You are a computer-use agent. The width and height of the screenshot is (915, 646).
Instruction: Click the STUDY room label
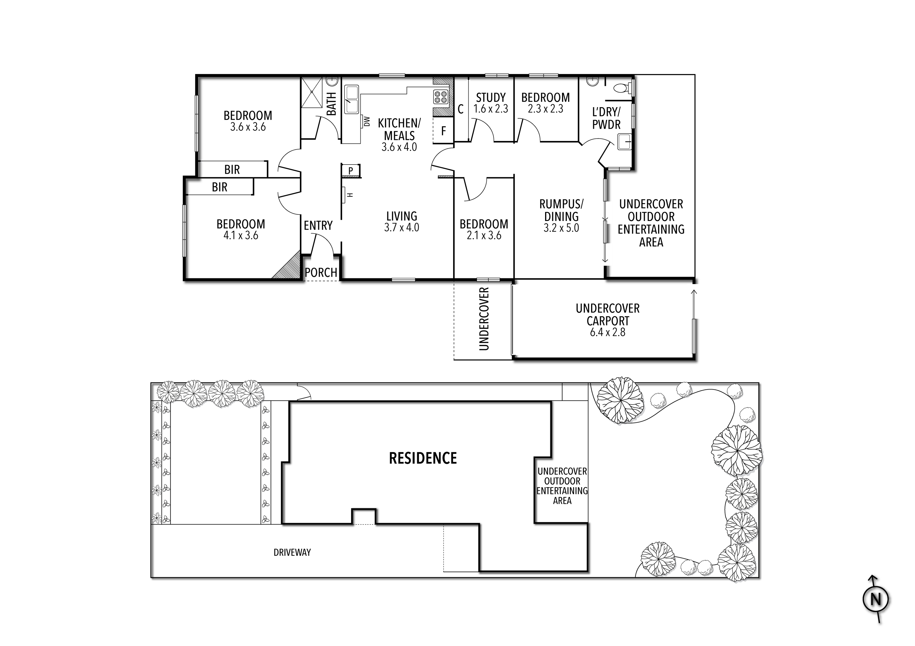[491, 98]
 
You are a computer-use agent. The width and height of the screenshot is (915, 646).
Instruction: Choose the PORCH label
[321, 273]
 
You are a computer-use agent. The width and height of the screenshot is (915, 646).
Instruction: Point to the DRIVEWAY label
[292, 552]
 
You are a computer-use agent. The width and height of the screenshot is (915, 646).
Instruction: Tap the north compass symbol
[875, 599]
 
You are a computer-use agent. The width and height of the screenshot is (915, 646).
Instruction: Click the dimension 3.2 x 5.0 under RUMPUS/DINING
[561, 228]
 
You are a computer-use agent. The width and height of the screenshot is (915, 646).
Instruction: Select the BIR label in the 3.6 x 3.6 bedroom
[232, 170]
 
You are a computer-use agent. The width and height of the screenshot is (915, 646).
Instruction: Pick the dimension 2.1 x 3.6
[484, 236]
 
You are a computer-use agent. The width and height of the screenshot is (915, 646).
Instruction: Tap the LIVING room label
[402, 216]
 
